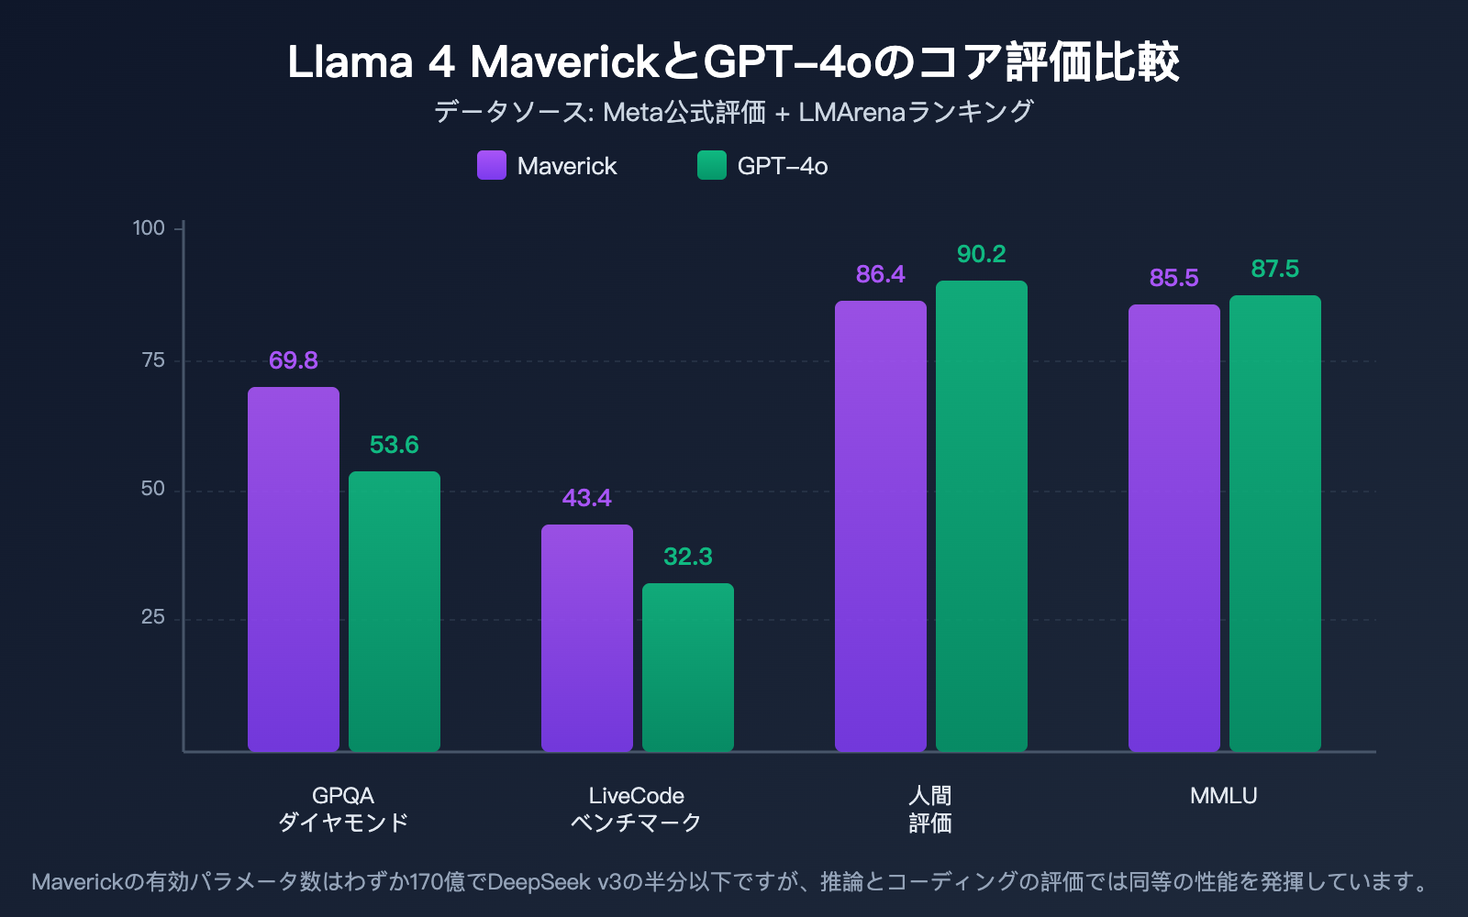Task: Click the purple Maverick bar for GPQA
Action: pos(294,569)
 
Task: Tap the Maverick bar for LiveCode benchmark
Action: pos(587,638)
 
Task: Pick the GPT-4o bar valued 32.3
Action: pos(688,668)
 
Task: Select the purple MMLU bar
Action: pos(1174,528)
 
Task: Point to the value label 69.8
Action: pos(294,360)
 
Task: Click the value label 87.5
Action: pos(1275,269)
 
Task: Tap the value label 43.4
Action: pos(587,498)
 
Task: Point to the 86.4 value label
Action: pos(881,274)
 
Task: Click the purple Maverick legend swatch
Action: pos(492,165)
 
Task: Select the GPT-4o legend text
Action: pos(783,166)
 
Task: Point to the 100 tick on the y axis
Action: pos(149,227)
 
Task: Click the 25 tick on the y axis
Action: pos(153,617)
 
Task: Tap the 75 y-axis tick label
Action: pos(153,359)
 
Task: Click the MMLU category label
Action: pos(1224,796)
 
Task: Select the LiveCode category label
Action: pos(637,796)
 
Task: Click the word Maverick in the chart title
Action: pos(564,62)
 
